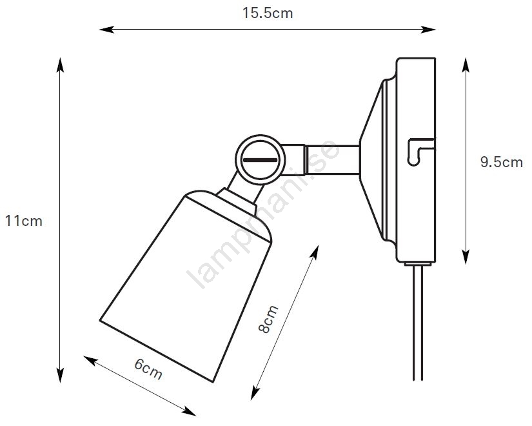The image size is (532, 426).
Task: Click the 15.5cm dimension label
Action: pyautogui.click(x=268, y=14)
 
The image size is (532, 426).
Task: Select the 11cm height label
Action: pyautogui.click(x=24, y=221)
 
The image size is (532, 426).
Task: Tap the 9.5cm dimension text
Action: pyautogui.click(x=502, y=162)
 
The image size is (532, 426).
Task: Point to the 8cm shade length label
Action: pyautogui.click(x=268, y=319)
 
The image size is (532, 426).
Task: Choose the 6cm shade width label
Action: pyautogui.click(x=148, y=369)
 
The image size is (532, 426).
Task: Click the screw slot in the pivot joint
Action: pyautogui.click(x=261, y=159)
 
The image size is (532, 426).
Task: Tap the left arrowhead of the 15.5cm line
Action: pyautogui.click(x=106, y=30)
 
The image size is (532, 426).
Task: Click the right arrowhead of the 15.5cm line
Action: pyautogui.click(x=428, y=30)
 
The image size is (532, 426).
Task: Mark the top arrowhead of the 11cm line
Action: pyautogui.click(x=60, y=65)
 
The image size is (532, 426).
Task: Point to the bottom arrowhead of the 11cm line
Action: pyautogui.click(x=60, y=375)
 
